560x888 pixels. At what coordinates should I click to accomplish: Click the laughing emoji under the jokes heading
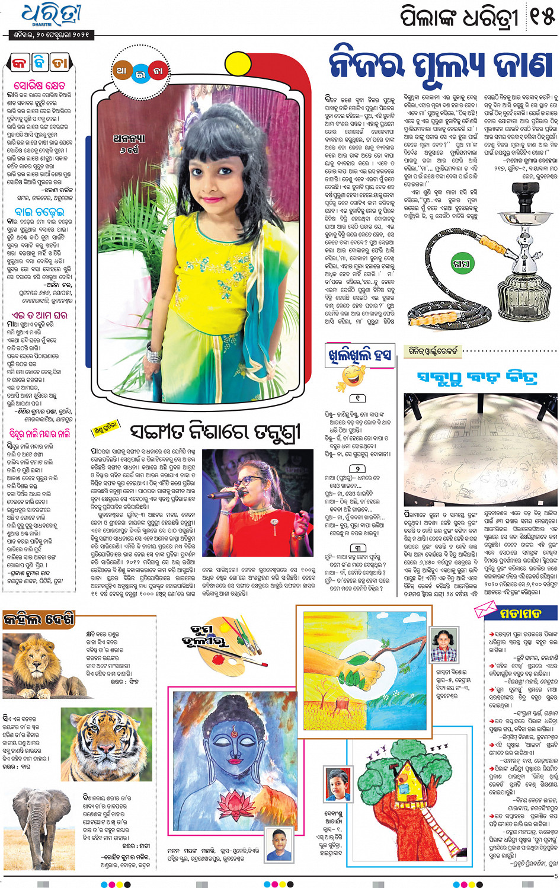coord(353,377)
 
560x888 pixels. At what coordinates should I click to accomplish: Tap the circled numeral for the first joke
coord(357,398)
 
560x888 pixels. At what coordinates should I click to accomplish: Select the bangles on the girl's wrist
coord(153,354)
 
